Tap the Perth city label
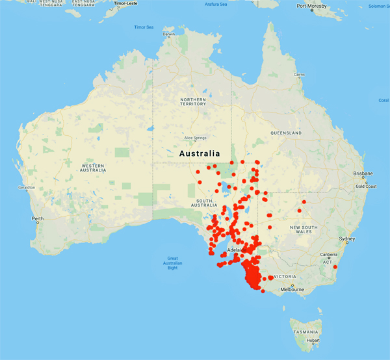tap(38, 218)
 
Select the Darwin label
tap(169, 34)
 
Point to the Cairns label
tap(299, 75)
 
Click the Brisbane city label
tap(363, 174)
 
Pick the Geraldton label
tap(27, 187)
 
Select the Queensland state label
tap(287, 133)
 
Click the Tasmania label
tap(305, 331)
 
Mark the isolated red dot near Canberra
tap(335, 266)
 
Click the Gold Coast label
tap(366, 186)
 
